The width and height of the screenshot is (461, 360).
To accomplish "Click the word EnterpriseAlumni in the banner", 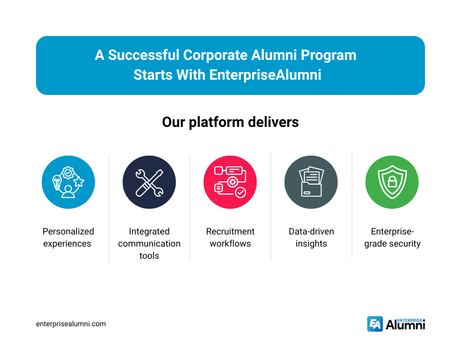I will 265,74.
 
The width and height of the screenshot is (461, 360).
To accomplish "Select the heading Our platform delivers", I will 230,122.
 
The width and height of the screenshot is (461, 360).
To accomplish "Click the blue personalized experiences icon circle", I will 68,182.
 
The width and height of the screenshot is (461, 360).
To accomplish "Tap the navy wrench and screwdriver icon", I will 149,182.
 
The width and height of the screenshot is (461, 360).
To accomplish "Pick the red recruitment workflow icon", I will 230,182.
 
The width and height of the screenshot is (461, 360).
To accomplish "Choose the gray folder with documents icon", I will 311,182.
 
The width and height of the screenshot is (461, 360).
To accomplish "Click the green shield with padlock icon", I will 392,182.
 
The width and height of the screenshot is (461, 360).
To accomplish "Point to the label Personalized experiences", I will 68,238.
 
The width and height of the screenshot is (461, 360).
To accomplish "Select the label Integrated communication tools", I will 149,243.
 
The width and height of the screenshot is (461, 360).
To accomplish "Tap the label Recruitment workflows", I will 230,238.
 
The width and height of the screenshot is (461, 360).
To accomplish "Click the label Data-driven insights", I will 311,238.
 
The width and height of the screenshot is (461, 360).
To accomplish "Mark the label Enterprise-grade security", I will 392,238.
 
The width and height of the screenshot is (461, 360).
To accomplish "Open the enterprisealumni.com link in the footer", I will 71,324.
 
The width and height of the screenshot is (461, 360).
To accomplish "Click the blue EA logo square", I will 375,324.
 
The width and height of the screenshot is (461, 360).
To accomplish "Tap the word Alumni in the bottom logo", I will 405,325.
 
